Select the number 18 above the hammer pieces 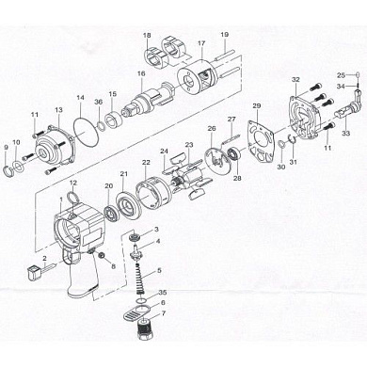coord(147,35)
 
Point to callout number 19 coord(224,35)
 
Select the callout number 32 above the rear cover coord(295,80)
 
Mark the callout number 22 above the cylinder coord(146,162)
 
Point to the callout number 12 coord(73,181)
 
